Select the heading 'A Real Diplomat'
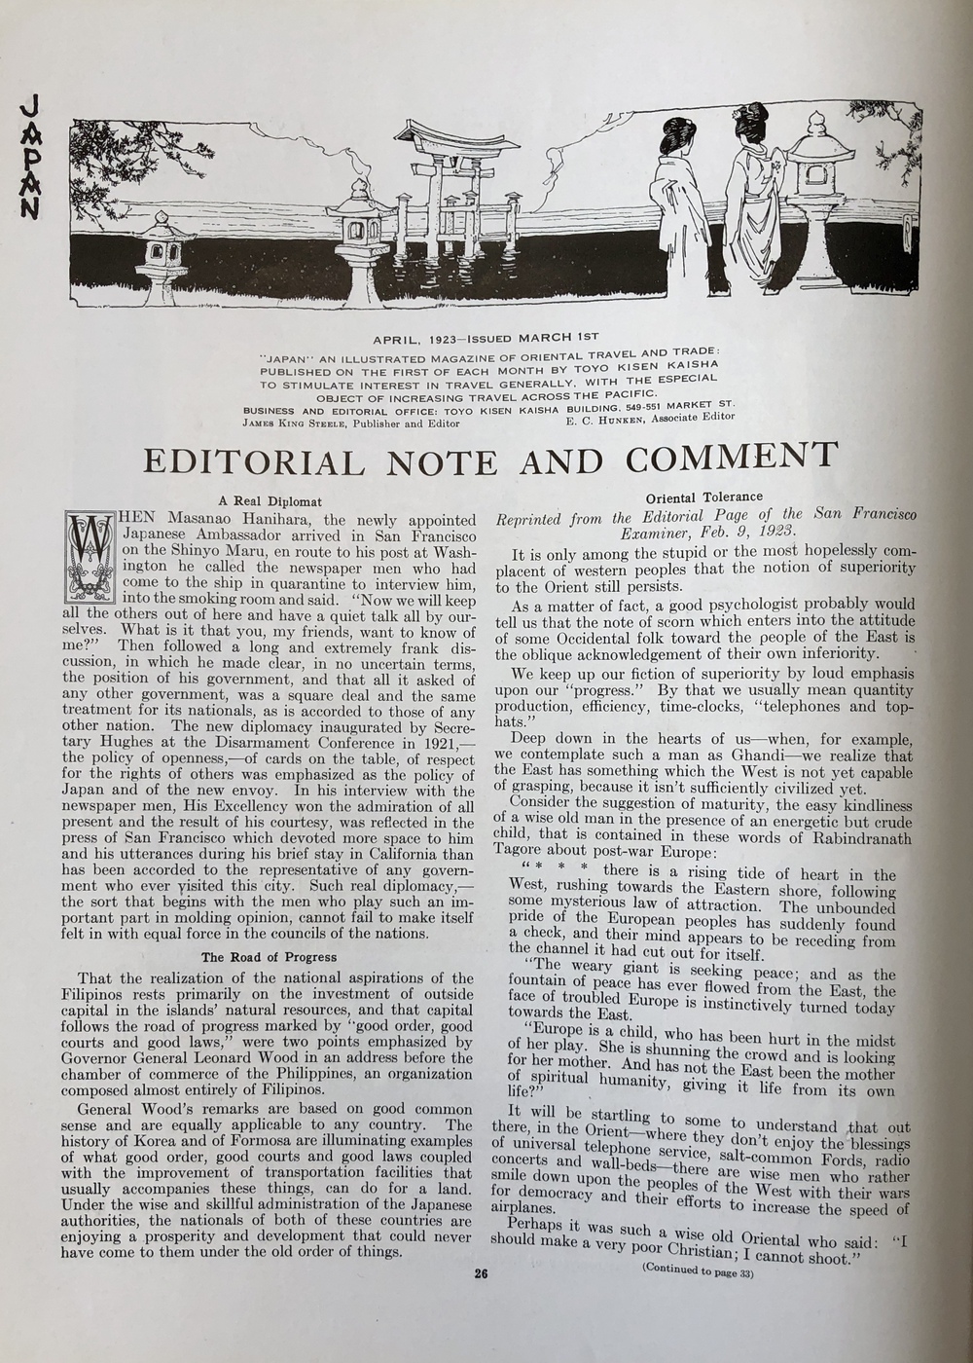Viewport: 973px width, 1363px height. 270,500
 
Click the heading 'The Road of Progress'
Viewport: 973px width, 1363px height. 269,957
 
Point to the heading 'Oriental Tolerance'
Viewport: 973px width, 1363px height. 703,497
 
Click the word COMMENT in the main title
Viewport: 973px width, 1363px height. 731,456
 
